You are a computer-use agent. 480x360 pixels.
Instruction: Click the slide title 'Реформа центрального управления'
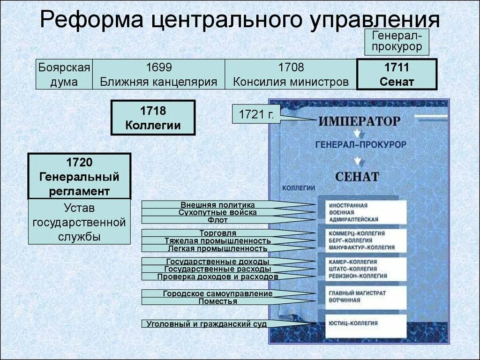tap(240, 21)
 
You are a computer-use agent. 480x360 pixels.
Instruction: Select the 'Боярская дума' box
tap(64, 75)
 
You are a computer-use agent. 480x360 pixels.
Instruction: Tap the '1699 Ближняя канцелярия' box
tap(158, 75)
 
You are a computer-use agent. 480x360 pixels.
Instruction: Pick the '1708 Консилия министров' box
tap(291, 75)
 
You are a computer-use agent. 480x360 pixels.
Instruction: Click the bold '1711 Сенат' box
tap(397, 75)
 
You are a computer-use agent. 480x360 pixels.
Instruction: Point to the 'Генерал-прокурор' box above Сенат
tap(397, 41)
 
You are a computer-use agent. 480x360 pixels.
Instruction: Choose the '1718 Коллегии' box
tap(153, 118)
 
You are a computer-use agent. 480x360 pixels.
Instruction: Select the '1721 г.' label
tap(256, 114)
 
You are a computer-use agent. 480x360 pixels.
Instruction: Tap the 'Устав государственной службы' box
tap(79, 222)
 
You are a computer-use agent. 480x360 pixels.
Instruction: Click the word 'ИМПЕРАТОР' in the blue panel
tap(360, 121)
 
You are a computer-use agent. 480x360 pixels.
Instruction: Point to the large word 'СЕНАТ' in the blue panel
tap(357, 177)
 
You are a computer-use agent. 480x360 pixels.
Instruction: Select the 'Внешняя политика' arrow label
tap(217, 205)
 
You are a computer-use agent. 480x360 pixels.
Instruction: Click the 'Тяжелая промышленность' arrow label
tap(217, 241)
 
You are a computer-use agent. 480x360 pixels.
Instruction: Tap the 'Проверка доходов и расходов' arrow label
tap(217, 277)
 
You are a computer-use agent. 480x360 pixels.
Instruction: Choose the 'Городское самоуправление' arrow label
tap(217, 294)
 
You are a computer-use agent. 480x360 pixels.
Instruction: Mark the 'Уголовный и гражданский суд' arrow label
tap(207, 323)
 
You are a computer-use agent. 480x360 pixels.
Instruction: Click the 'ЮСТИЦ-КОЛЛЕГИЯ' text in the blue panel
tap(353, 323)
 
